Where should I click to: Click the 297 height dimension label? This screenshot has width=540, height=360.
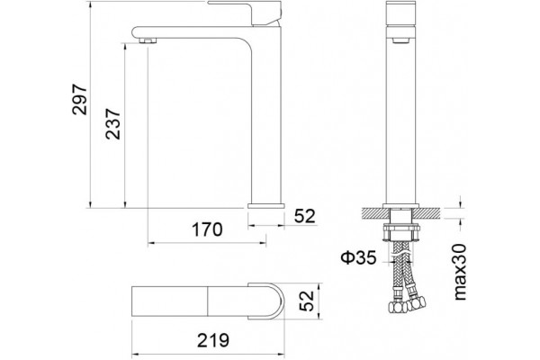(79, 100)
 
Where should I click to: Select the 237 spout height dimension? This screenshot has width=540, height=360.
(113, 124)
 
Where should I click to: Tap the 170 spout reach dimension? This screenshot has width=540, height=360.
(207, 229)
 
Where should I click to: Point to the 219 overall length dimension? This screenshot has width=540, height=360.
(212, 340)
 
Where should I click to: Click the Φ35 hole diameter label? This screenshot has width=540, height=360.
(358, 257)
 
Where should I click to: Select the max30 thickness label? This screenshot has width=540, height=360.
(459, 272)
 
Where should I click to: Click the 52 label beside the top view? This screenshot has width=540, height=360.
(307, 301)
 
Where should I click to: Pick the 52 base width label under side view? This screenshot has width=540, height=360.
(305, 216)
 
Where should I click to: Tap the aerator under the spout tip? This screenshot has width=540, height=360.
(148, 40)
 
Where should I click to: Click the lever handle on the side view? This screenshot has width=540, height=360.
(245, 13)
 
